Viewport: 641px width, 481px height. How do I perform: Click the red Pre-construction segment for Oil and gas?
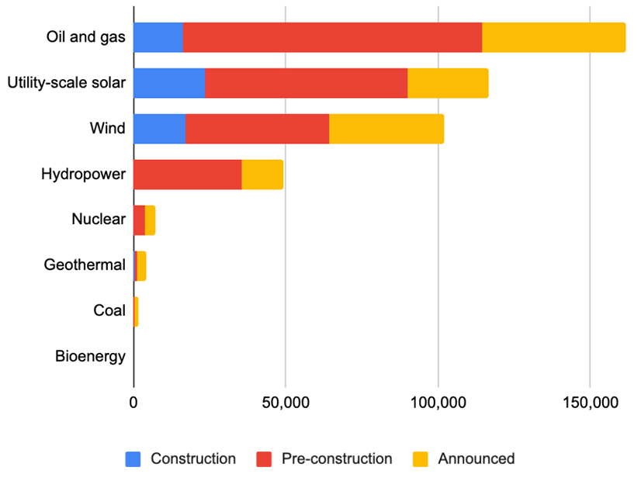(332, 38)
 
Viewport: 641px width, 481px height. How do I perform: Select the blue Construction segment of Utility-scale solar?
(169, 83)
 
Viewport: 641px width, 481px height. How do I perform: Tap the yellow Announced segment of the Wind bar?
(386, 129)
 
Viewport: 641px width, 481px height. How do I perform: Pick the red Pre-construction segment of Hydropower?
(187, 175)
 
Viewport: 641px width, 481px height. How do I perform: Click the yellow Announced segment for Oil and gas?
(553, 38)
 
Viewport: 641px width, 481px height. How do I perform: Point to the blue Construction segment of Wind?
(160, 129)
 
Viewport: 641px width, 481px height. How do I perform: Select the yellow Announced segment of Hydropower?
(262, 175)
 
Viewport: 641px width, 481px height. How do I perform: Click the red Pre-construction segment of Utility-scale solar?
(306, 83)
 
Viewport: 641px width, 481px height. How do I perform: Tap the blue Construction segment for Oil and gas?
(158, 38)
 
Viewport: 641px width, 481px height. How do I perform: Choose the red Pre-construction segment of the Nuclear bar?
(140, 220)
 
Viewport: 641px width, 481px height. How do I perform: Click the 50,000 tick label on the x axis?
(285, 403)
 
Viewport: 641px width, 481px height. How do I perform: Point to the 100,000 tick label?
(438, 403)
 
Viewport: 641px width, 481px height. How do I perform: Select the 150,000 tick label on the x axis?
(590, 403)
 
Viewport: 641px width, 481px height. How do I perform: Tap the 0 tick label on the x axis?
(133, 403)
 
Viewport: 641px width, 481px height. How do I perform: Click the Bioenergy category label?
(90, 357)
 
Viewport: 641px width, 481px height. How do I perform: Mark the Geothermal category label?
(85, 265)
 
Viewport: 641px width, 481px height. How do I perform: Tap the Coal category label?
(109, 311)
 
